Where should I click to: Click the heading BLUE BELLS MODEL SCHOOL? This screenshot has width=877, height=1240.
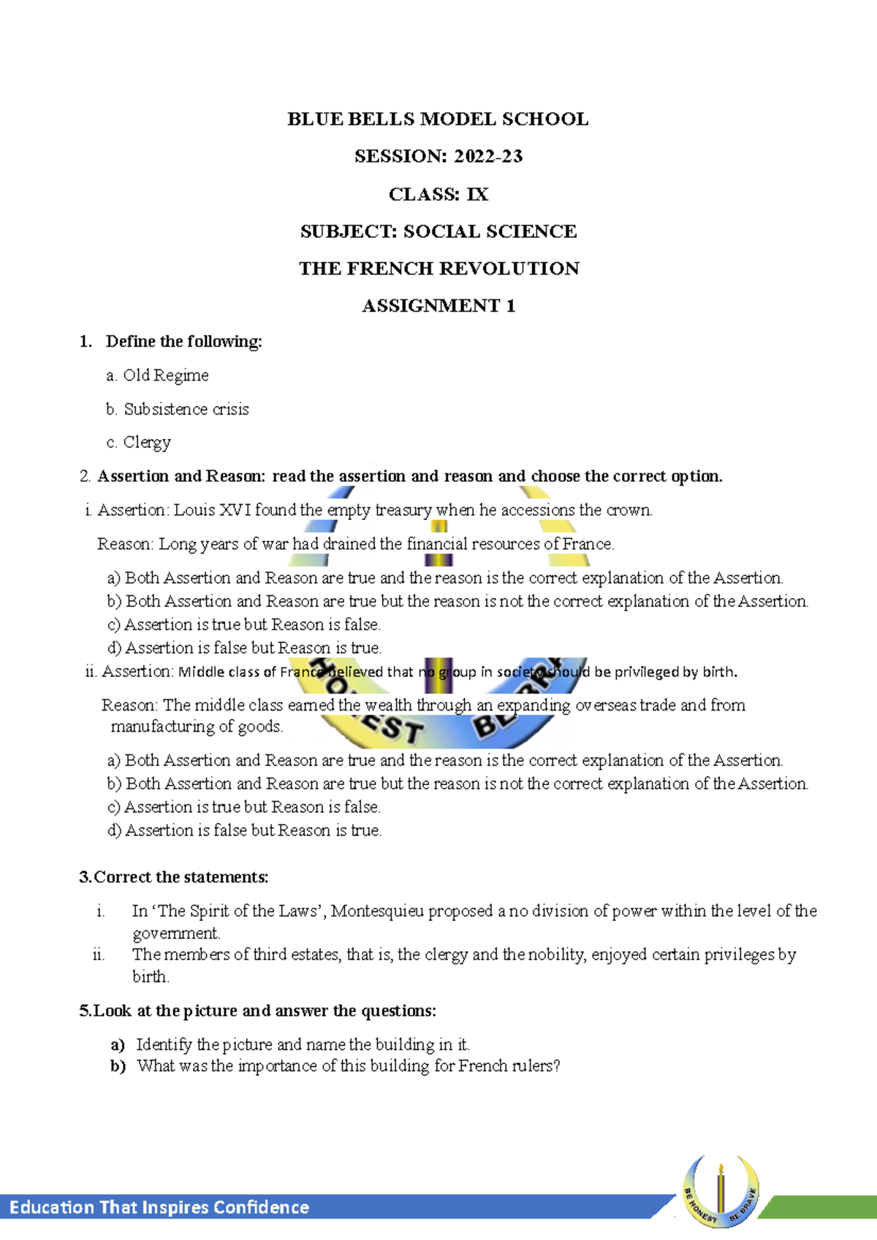pos(438,119)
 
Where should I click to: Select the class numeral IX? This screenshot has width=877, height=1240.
pos(477,194)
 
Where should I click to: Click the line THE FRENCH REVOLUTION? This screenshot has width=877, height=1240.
pos(438,269)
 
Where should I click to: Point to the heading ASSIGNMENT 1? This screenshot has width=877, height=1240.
pos(438,306)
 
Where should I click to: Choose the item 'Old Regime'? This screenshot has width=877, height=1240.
pos(165,375)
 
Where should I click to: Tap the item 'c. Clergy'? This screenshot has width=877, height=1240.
pos(139,443)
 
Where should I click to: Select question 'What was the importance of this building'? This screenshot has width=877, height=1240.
pos(348,1066)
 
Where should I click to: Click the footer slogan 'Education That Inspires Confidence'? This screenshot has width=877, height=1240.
pos(159,1207)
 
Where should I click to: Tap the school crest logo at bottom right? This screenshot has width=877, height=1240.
pos(721,1190)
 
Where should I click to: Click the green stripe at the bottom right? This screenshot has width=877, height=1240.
pos(819,1207)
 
